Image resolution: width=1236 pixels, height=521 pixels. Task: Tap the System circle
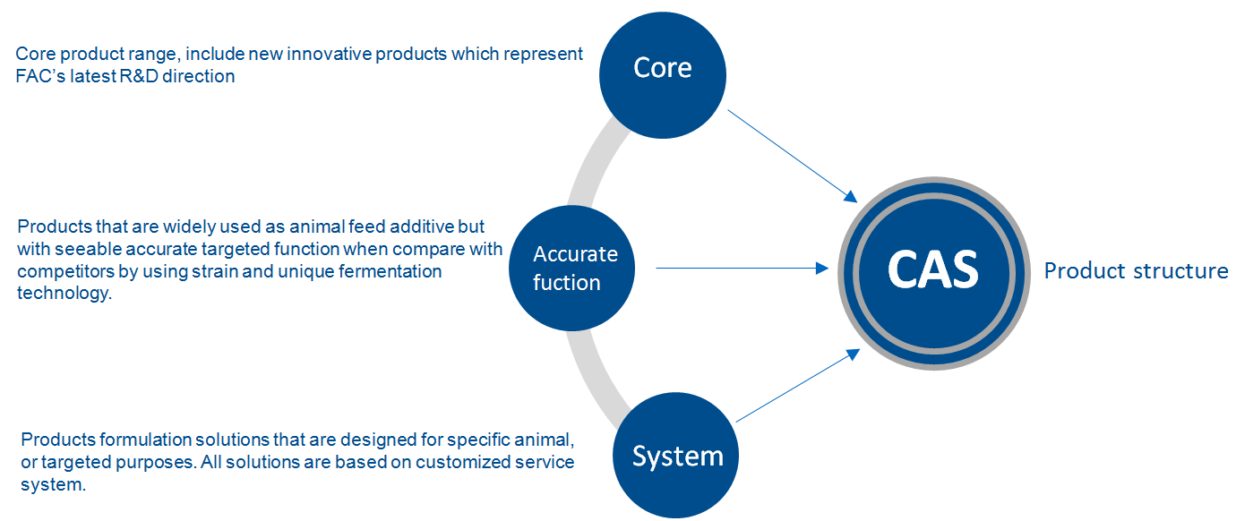pos(677,456)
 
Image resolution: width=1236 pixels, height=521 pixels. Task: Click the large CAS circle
pos(932,269)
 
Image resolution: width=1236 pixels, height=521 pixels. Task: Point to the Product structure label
pos(1136,270)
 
